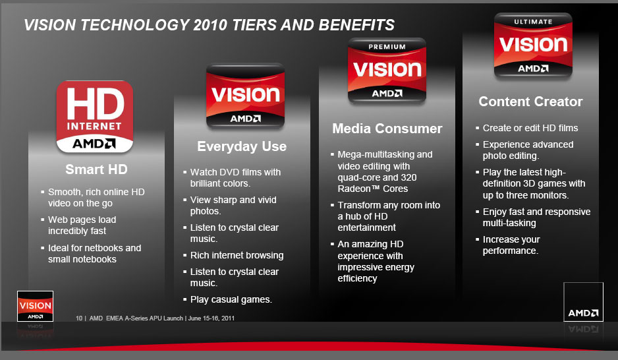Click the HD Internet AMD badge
click(95, 117)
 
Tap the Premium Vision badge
click(387, 71)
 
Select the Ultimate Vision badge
click(533, 45)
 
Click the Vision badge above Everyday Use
click(245, 96)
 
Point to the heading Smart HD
click(96, 169)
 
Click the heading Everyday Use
click(242, 146)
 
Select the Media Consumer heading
click(387, 128)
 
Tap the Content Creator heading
click(530, 102)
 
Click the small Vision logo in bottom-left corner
click(35, 306)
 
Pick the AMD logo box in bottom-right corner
click(583, 301)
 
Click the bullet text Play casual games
click(231, 300)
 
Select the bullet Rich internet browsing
click(237, 255)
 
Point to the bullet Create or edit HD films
click(530, 128)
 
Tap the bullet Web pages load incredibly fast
click(82, 225)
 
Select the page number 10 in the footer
click(79, 318)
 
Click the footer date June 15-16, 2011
click(211, 318)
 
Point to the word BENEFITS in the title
click(356, 25)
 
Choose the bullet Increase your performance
click(511, 245)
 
